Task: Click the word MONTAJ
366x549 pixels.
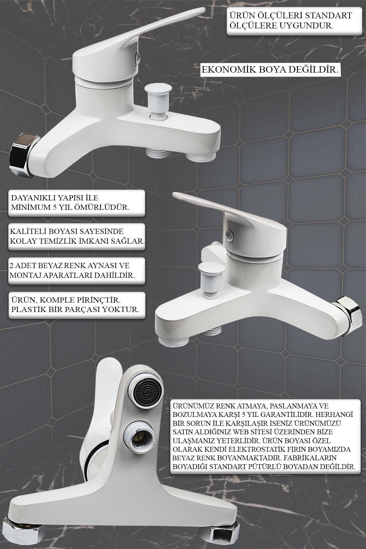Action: coord(23,275)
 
